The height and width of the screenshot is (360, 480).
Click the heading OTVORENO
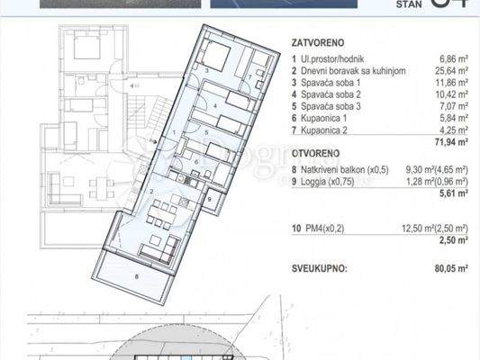314,154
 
